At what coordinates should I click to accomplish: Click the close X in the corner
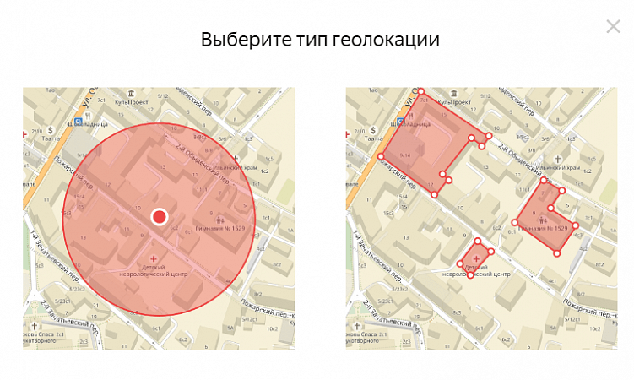[613, 26]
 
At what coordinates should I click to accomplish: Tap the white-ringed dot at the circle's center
[159, 217]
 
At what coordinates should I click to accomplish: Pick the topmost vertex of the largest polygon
[420, 91]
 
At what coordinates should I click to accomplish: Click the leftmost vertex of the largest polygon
[381, 156]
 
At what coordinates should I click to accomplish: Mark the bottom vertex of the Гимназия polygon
[556, 252]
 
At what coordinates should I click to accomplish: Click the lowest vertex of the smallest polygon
[470, 275]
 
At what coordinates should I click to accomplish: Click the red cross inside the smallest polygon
[476, 257]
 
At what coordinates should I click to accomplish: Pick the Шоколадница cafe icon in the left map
[79, 121]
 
